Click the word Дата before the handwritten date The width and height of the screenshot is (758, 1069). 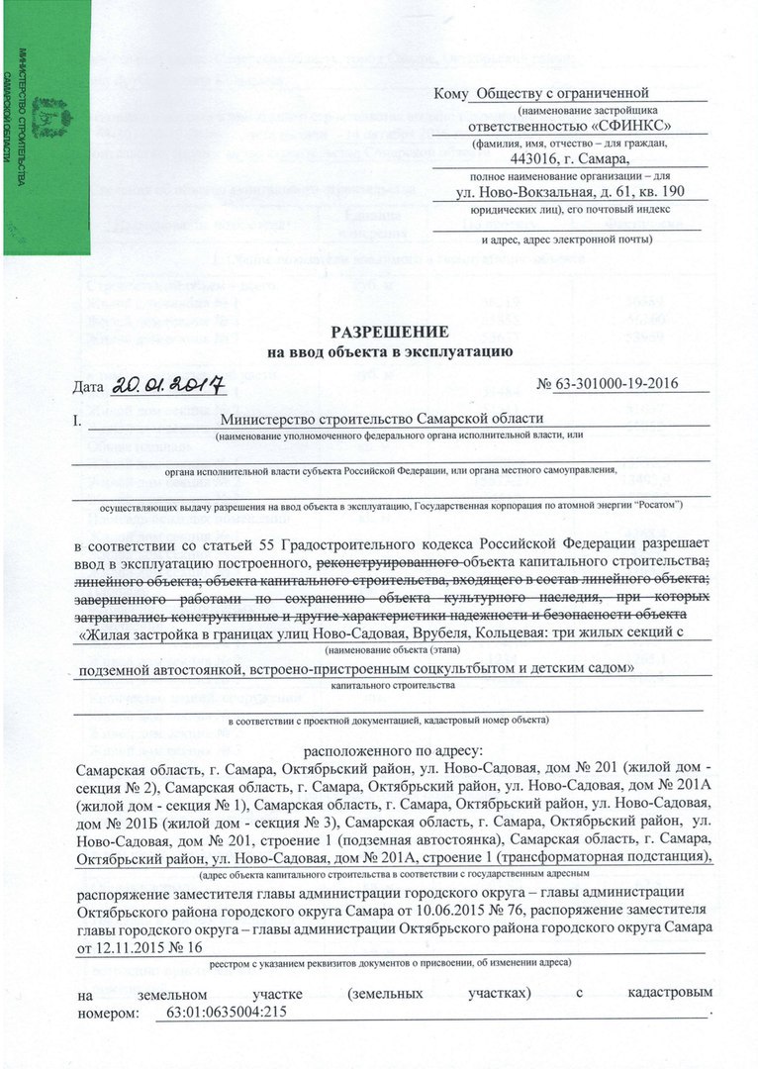[x=89, y=384]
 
